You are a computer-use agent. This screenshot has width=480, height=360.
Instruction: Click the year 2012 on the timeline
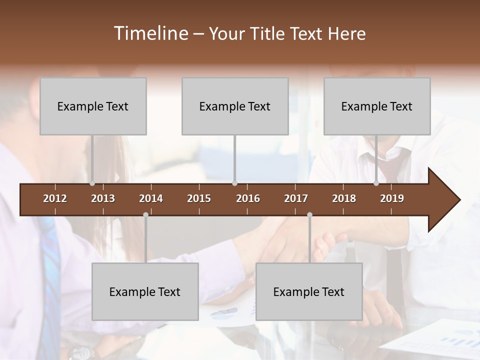55,198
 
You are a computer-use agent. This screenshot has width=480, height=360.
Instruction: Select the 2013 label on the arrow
103,198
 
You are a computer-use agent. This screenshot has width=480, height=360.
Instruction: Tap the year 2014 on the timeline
151,198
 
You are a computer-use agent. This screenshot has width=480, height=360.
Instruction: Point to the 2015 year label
199,198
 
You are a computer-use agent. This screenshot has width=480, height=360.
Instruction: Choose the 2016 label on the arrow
248,198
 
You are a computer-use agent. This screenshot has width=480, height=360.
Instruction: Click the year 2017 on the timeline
296,198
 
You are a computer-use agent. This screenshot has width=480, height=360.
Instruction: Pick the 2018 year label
344,198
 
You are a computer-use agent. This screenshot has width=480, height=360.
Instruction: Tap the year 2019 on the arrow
392,198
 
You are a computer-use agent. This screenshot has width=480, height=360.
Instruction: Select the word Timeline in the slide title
150,33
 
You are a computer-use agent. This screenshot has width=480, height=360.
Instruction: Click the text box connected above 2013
93,106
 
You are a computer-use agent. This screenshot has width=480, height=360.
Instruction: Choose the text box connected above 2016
235,106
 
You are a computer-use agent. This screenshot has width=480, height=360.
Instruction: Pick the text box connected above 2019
377,106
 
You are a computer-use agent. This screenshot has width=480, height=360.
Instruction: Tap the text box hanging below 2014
145,291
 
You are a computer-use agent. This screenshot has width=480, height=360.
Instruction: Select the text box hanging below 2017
309,291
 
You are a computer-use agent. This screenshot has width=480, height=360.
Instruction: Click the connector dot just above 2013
92,183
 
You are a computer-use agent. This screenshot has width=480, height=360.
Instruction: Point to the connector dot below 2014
145,215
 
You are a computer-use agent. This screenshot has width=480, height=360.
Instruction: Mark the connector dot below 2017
309,215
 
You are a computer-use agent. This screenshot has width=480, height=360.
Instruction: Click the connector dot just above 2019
376,183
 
